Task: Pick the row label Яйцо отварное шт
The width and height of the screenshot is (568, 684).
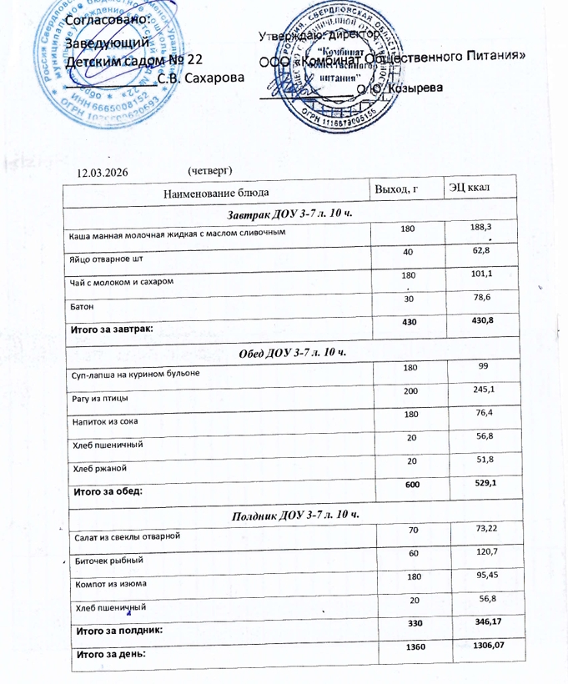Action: click(98, 259)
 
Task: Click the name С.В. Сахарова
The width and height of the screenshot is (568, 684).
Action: click(201, 78)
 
